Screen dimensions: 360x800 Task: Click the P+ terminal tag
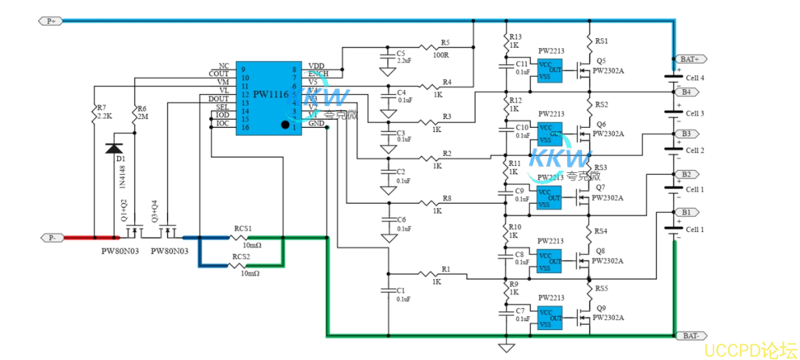52,21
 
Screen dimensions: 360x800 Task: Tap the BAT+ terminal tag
690,59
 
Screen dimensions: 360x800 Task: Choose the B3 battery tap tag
686,133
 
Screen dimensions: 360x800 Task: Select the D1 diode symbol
114,148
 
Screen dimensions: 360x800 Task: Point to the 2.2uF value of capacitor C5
404,61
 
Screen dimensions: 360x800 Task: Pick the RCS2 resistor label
242,257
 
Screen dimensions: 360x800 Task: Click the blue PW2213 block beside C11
549,71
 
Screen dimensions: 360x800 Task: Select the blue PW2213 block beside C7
549,318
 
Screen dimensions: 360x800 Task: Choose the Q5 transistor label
601,61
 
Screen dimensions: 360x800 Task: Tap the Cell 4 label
694,78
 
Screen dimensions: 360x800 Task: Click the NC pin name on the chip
223,66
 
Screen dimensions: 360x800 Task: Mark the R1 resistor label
445,269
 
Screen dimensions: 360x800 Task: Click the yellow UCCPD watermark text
750,350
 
